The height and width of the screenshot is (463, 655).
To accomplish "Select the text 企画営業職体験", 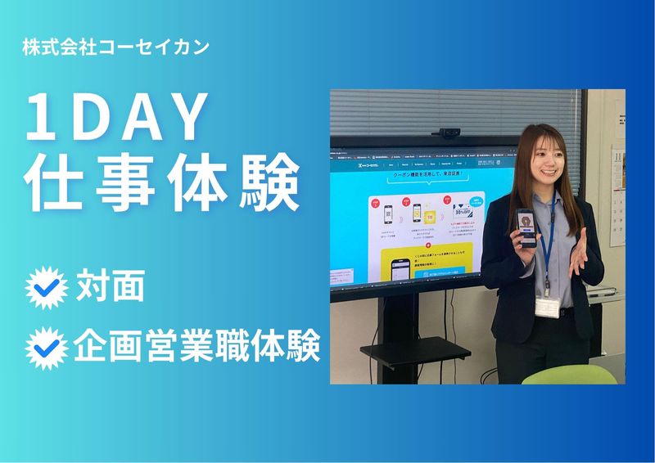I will pos(196,348).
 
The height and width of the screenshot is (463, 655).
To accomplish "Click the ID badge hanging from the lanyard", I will pos(548,306).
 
